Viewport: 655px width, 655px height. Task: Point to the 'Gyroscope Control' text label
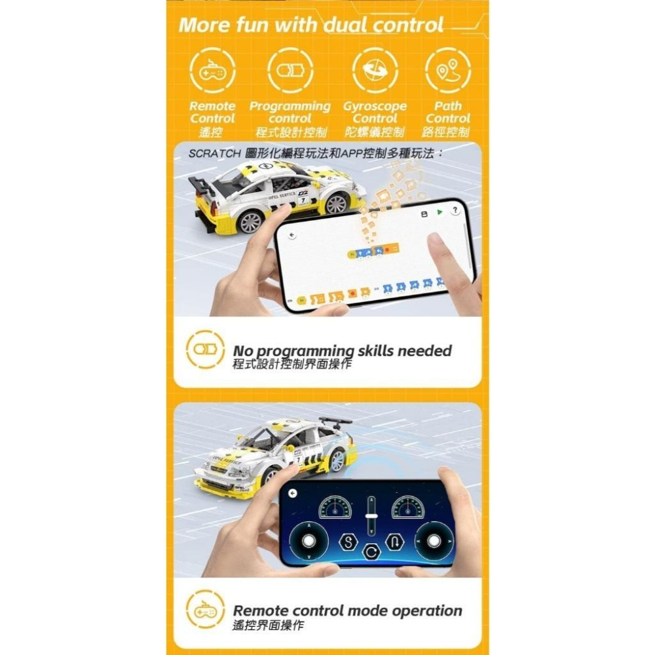pos(375,112)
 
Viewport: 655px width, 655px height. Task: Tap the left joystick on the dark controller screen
pos(309,540)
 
